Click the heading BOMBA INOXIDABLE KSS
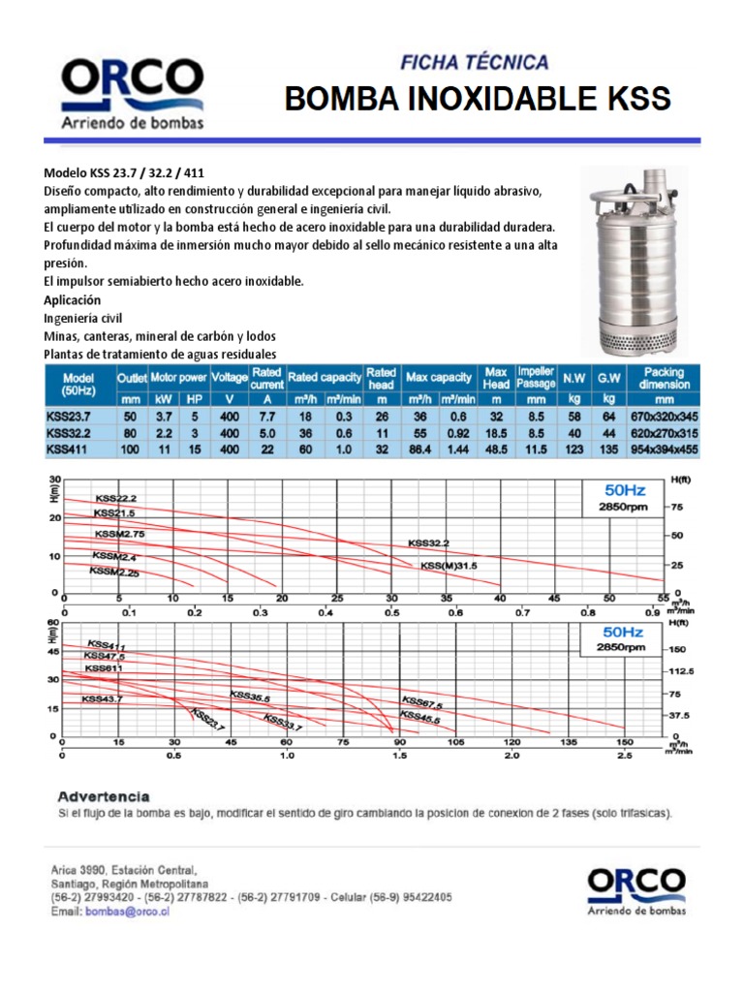tap(476, 99)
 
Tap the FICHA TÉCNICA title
tap(475, 63)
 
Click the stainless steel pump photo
tap(629, 260)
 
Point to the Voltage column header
tap(230, 378)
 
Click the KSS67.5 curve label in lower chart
tap(421, 704)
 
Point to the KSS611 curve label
tap(104, 667)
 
